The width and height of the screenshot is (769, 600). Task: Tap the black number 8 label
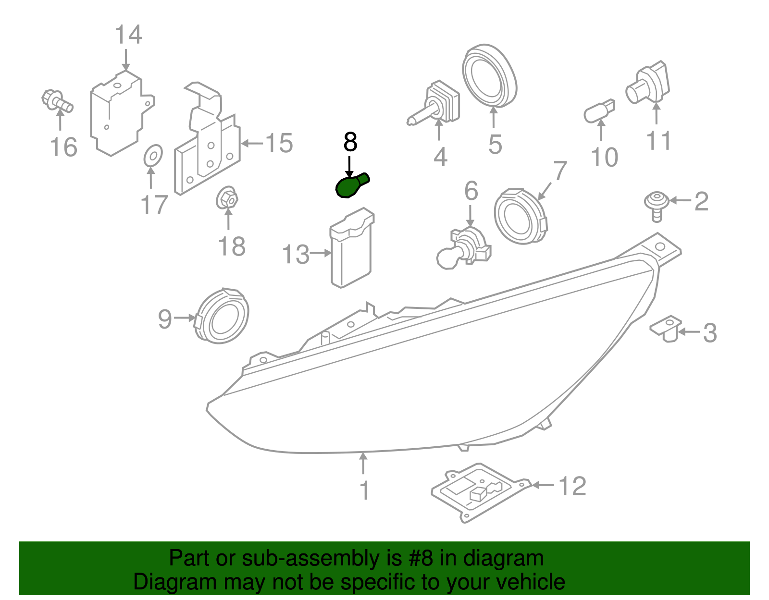(x=350, y=142)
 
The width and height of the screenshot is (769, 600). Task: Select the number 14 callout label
(x=128, y=35)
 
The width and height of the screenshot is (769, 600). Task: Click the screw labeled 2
(x=657, y=206)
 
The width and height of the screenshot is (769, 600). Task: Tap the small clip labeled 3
(x=666, y=329)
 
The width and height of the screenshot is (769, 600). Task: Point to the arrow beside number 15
(x=251, y=143)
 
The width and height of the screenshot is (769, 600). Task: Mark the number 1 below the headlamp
(x=364, y=490)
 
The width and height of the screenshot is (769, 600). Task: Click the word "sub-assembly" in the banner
(x=310, y=559)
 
